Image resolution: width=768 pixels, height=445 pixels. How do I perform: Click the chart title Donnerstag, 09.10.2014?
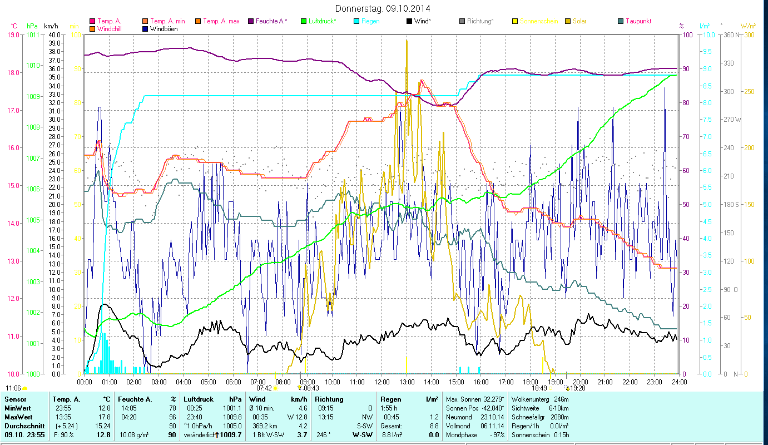coord(383,8)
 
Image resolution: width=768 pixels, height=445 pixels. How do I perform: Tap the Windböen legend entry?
coord(164,28)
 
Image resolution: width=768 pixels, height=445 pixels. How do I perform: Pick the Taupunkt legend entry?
coord(638,21)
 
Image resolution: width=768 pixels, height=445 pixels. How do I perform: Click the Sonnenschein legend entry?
coord(538,21)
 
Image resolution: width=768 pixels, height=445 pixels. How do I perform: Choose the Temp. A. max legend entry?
coord(221,21)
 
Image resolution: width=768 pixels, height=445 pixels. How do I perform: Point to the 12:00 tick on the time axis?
coord(382,382)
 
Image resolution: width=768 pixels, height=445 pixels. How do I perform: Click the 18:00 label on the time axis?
coord(531,382)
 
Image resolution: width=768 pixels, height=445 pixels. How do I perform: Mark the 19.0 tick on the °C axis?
coord(13,34)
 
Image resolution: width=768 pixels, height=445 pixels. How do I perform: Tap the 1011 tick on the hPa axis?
coord(33,34)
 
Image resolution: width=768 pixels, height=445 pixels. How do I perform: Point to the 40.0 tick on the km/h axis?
coord(54,34)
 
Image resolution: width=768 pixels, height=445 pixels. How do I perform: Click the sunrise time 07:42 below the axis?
coord(264,388)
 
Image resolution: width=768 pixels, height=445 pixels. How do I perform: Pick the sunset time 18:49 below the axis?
coord(539,388)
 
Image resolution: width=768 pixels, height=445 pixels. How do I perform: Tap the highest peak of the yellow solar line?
coord(407,40)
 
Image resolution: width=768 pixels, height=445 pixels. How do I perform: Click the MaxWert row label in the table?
coord(18,417)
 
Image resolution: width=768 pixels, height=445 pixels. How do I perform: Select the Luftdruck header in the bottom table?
coord(199,399)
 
